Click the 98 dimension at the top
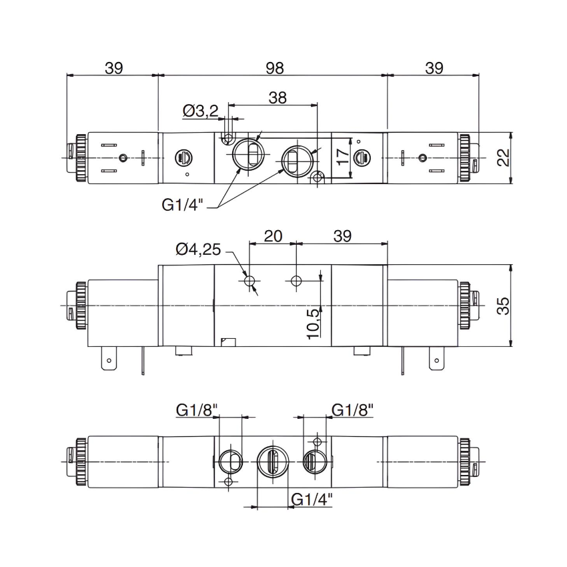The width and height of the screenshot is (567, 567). [x=274, y=68]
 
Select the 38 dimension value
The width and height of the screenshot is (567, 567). [x=277, y=97]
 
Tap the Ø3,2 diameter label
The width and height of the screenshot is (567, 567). [x=199, y=111]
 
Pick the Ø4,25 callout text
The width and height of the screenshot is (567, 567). [x=198, y=249]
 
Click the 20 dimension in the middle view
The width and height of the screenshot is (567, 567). [x=273, y=235]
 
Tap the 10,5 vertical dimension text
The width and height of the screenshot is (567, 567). [x=313, y=323]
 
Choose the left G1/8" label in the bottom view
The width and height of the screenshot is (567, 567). [x=197, y=410]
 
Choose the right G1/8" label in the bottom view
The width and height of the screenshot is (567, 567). [x=352, y=410]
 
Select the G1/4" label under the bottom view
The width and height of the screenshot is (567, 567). [x=312, y=499]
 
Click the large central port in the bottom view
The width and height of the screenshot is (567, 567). [x=272, y=462]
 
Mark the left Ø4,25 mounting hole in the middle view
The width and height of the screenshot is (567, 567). [x=250, y=282]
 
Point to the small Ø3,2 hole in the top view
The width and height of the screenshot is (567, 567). [x=229, y=138]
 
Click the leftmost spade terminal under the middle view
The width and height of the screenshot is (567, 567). [x=106, y=361]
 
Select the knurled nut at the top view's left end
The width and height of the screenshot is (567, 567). [x=81, y=157]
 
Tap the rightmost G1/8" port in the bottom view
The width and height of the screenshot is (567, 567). [x=312, y=461]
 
